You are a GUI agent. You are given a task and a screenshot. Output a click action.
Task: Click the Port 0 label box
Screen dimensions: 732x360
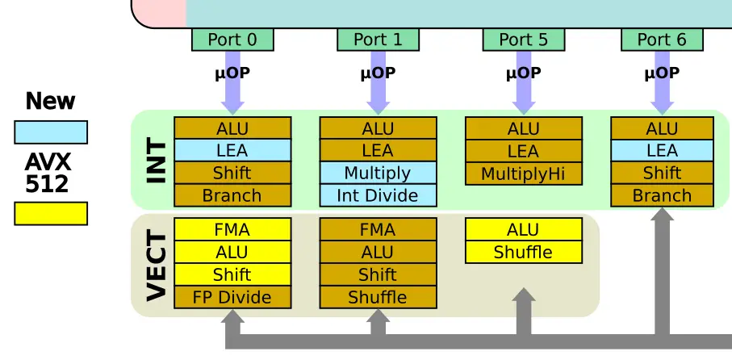click(x=232, y=40)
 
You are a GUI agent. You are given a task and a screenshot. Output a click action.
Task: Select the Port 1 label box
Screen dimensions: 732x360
click(x=379, y=40)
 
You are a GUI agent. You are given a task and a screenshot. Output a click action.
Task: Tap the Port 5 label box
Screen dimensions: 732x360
click(x=523, y=40)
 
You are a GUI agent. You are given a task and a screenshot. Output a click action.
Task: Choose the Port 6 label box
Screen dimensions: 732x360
click(x=662, y=40)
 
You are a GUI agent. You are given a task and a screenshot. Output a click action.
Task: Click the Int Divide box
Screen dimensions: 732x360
click(x=379, y=195)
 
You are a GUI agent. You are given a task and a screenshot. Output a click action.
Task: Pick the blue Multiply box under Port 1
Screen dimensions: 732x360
click(x=379, y=173)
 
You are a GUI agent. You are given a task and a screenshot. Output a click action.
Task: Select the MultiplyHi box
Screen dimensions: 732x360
click(x=524, y=174)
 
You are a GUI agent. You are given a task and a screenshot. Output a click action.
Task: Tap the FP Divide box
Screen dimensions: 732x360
click(x=232, y=297)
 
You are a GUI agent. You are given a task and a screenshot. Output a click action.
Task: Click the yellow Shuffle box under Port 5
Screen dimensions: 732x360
click(x=524, y=252)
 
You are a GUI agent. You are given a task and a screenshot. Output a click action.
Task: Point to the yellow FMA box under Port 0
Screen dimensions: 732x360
click(x=232, y=229)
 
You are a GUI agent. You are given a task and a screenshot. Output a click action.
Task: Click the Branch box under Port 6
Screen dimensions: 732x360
click(x=662, y=195)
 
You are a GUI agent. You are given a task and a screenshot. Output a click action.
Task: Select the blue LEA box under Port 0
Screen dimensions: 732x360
click(x=232, y=150)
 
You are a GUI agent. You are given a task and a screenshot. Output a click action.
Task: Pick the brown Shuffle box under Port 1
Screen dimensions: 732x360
click(x=379, y=297)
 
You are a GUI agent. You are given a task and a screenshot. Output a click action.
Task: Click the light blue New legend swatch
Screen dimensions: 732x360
click(x=51, y=132)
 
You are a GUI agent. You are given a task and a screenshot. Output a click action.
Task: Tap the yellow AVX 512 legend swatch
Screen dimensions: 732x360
click(x=51, y=213)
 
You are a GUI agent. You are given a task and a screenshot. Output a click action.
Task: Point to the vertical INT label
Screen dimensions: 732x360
click(x=157, y=161)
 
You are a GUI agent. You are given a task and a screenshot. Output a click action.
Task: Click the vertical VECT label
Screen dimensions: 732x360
click(x=157, y=267)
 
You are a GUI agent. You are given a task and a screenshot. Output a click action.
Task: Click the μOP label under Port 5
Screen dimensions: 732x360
click(x=523, y=73)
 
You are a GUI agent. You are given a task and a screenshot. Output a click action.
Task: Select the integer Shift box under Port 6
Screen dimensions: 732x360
click(x=662, y=173)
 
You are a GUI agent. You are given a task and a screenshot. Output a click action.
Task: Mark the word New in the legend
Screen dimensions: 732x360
click(x=50, y=101)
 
